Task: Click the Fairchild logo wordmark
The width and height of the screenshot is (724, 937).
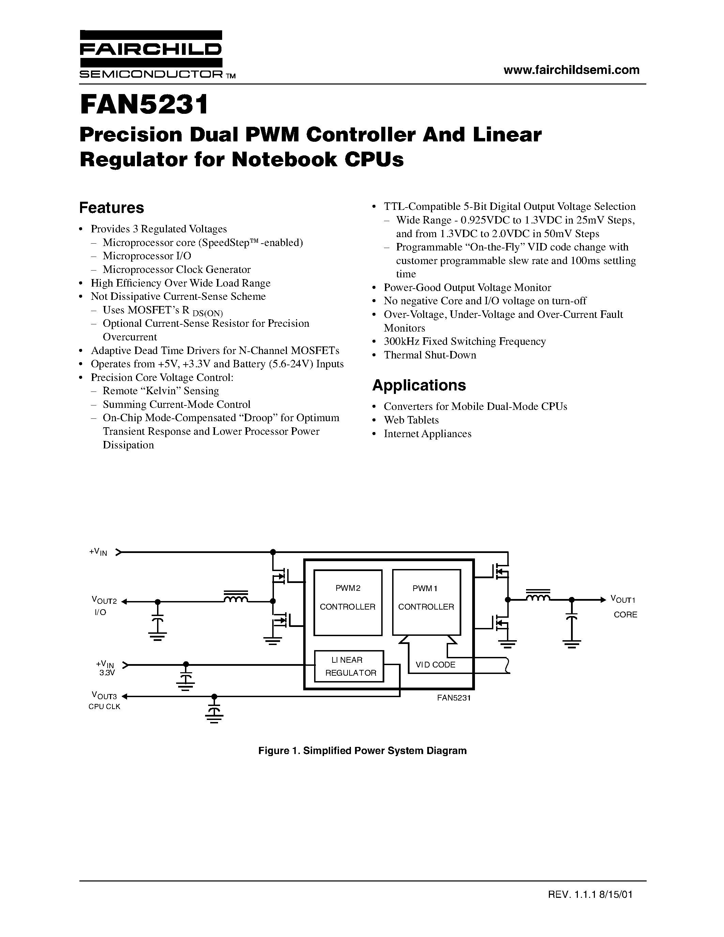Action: tap(151, 50)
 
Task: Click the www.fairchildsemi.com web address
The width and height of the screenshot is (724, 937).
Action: tap(571, 70)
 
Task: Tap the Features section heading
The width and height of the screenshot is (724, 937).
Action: tap(111, 208)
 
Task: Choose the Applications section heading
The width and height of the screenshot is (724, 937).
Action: tap(419, 385)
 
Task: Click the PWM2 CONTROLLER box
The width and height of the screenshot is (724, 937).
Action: tap(348, 602)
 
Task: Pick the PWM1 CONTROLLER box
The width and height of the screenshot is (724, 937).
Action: tap(426, 602)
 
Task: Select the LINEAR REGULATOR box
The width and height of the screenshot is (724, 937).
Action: tap(349, 666)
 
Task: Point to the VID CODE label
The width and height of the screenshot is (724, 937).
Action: tap(435, 664)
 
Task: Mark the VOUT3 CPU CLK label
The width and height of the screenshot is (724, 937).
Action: tap(104, 701)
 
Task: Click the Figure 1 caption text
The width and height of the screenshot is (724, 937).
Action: tap(362, 750)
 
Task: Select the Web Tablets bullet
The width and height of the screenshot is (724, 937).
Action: tap(411, 420)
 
